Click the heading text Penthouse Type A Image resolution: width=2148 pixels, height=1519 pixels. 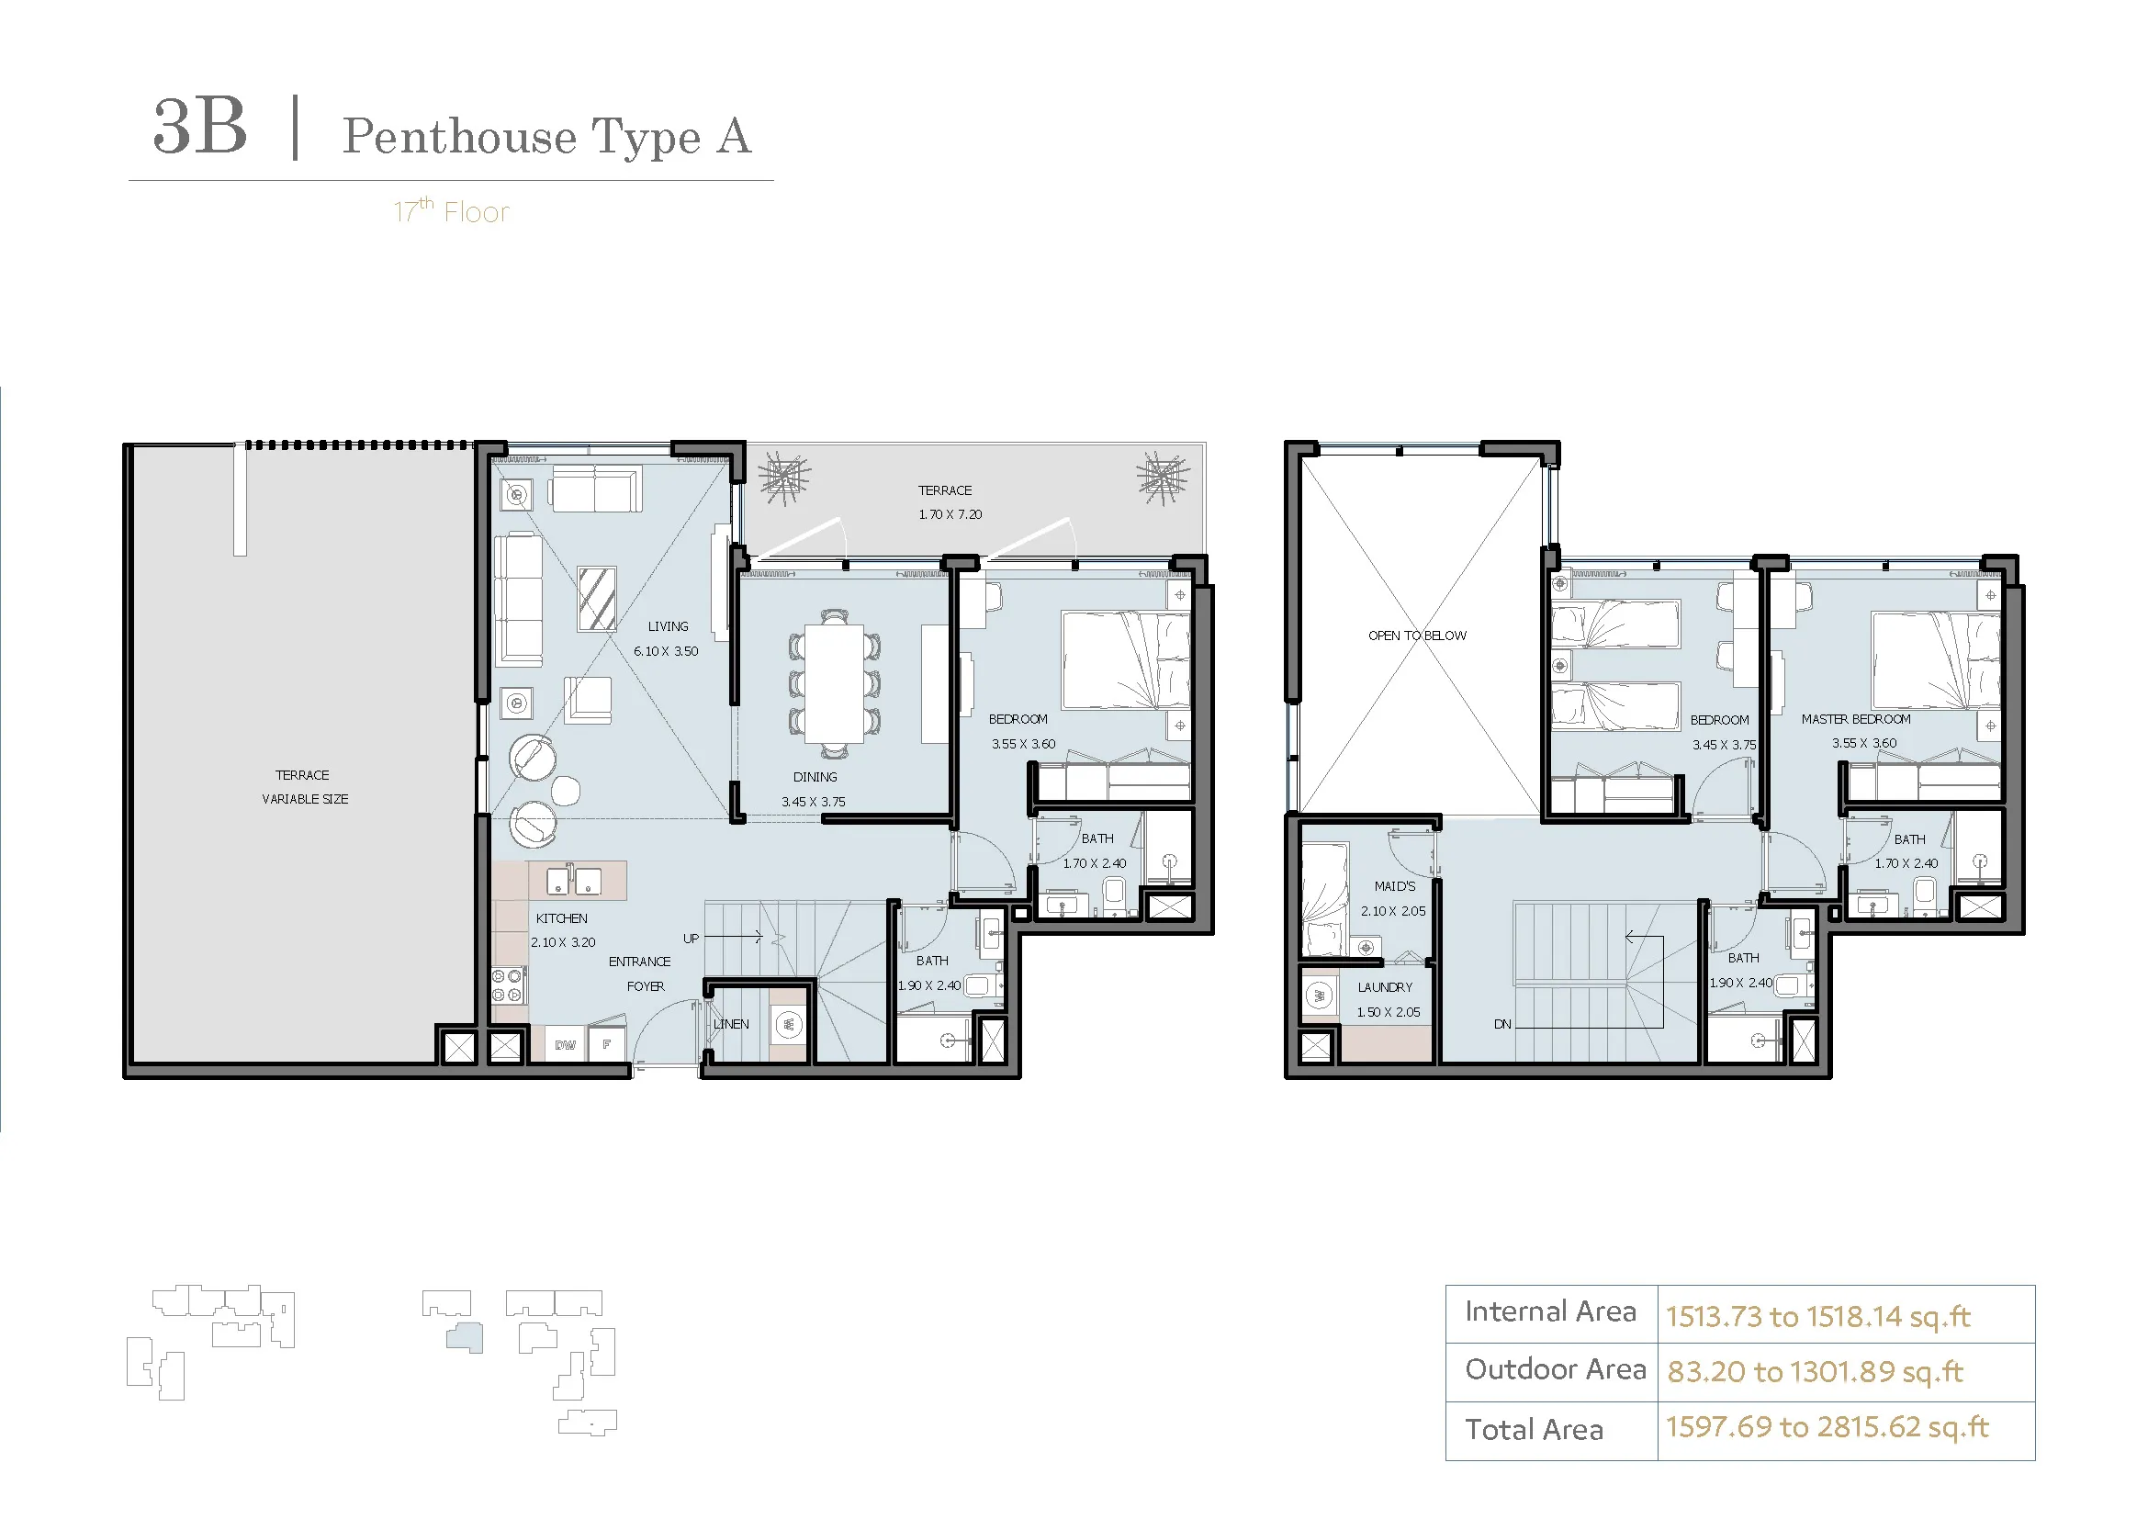tap(546, 137)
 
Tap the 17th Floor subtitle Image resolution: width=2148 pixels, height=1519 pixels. tap(451, 211)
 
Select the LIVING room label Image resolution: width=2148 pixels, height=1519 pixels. tap(668, 626)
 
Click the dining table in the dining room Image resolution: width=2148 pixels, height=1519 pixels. tap(835, 682)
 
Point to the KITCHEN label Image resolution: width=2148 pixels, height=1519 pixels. tap(561, 918)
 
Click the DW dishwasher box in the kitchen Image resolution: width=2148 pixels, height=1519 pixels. tap(566, 1045)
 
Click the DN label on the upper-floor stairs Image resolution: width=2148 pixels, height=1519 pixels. tap(1502, 1024)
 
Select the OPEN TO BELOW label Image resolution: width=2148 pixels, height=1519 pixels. tap(1417, 636)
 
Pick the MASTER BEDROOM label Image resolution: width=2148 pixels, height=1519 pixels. tap(1856, 719)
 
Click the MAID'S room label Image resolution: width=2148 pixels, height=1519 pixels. tap(1395, 885)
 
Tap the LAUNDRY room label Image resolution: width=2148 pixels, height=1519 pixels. tap(1386, 986)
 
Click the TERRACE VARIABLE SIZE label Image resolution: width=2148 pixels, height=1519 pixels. tap(304, 787)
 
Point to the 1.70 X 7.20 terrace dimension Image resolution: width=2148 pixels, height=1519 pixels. tap(950, 514)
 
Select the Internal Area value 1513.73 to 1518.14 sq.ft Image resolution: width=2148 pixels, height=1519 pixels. tap(1817, 1317)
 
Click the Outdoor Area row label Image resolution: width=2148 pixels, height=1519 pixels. tap(1555, 1369)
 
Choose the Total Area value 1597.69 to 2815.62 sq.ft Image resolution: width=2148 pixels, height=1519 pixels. tap(1827, 1426)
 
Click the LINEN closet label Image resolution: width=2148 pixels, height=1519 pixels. tap(731, 1024)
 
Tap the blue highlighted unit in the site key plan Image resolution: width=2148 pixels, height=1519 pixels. tap(465, 1337)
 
